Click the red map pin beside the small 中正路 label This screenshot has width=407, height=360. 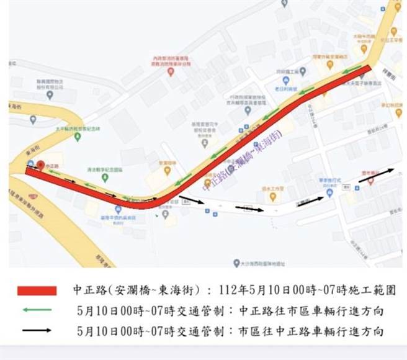coord(40,165)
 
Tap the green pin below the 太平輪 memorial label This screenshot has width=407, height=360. coord(77,136)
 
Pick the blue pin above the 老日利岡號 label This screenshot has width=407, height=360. coord(285,80)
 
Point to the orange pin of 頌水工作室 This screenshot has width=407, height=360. coord(272,196)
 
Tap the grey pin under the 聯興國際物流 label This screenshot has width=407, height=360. coord(50,95)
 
